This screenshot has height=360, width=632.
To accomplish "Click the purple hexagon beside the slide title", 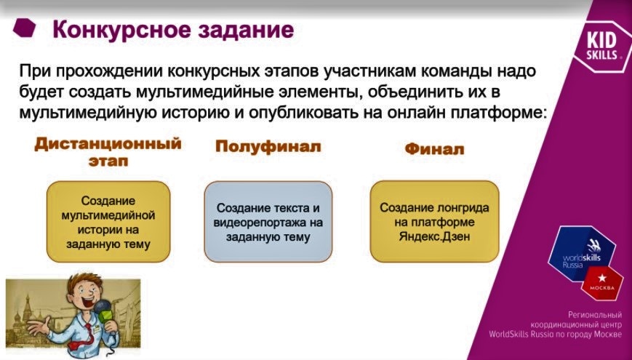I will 26,28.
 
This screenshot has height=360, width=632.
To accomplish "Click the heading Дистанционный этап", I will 108,151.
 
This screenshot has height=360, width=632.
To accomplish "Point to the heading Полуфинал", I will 268,147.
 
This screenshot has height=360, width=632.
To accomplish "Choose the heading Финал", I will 433,150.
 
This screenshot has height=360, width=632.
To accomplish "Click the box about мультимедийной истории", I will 108,222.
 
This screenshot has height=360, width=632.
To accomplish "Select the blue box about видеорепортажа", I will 268,222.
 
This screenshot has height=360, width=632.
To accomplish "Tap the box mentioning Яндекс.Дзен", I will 434,222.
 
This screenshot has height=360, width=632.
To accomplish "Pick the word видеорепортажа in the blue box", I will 268,223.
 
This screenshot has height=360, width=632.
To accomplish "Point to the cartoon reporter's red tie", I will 87,328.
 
